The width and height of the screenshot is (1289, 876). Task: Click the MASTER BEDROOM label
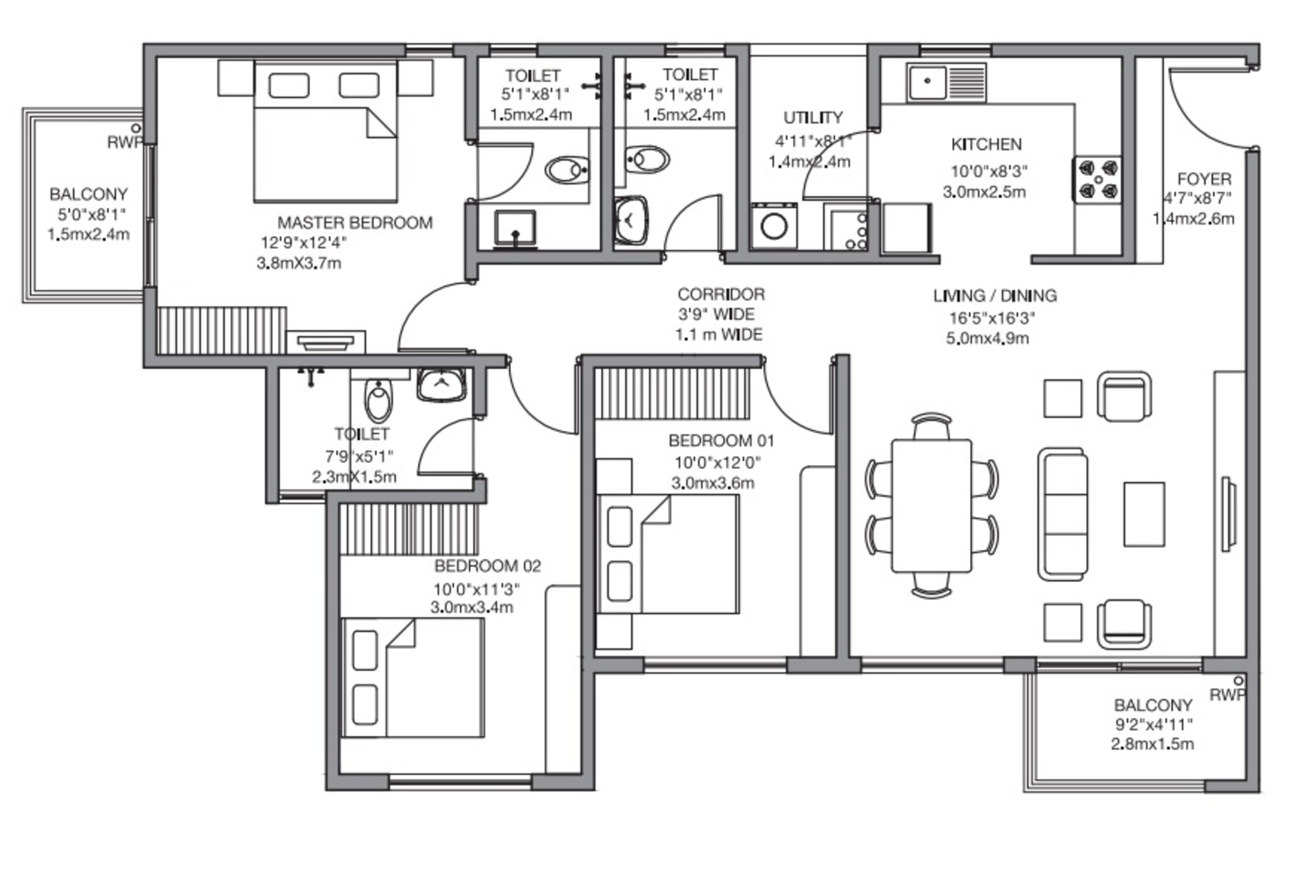pos(354,223)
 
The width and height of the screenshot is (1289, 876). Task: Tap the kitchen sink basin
pos(927,82)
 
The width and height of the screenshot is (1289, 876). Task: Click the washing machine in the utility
pos(774,226)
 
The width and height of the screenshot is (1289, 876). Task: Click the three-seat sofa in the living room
pos(1062,514)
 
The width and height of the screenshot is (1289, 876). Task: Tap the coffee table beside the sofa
pos(1144,514)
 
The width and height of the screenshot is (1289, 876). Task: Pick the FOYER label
pos(1204,179)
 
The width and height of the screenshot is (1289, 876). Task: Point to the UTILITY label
pos(812,118)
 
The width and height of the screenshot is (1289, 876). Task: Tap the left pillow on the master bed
pos(289,86)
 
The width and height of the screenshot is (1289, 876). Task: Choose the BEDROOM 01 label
pos(721,441)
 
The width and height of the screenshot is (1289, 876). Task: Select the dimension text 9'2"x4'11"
pos(1154,724)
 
